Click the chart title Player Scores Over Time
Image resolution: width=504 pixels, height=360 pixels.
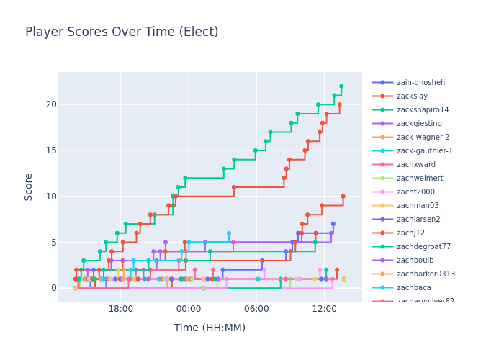coord(122,32)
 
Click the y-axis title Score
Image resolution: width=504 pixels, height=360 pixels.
coord(29,186)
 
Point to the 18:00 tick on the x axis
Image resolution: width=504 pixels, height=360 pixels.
coord(121,309)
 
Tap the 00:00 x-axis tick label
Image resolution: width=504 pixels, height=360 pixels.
coord(189,309)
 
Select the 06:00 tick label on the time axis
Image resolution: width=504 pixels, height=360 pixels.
coord(256,309)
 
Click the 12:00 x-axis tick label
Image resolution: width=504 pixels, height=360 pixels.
coord(324,309)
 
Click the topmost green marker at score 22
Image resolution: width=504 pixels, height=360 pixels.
coord(341,86)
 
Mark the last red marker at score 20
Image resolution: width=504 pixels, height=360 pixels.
coord(339,104)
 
